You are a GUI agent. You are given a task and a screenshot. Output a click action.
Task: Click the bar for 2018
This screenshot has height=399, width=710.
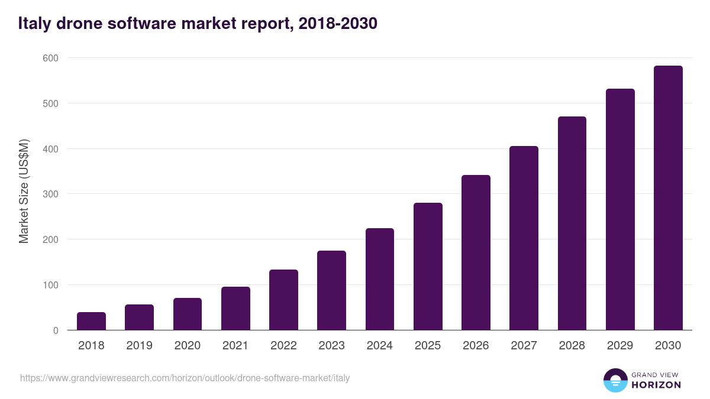click(x=91, y=321)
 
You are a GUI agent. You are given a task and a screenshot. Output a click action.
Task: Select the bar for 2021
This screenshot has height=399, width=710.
click(x=235, y=308)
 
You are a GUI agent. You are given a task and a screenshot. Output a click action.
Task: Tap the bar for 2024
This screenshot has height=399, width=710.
click(x=380, y=279)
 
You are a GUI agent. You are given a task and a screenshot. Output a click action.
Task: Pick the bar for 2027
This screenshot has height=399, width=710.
click(x=524, y=238)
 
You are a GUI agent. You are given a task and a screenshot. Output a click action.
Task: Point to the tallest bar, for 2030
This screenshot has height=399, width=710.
click(x=668, y=197)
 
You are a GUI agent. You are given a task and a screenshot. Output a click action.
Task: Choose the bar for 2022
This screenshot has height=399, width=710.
click(x=283, y=300)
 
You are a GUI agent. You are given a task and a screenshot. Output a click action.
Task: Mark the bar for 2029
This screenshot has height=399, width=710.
click(x=620, y=209)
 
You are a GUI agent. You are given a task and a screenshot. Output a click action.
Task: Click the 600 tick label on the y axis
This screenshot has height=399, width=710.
click(x=50, y=58)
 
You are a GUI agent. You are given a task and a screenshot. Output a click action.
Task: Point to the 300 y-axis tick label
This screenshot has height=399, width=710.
click(x=50, y=194)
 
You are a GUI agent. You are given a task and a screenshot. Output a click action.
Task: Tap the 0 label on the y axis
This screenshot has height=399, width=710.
click(x=55, y=330)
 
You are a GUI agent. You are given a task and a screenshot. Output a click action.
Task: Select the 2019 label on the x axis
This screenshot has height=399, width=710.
click(x=139, y=346)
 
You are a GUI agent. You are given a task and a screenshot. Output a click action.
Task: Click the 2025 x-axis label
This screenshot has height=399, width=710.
click(x=428, y=346)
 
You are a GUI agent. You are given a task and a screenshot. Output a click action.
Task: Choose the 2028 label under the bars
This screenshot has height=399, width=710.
click(x=572, y=346)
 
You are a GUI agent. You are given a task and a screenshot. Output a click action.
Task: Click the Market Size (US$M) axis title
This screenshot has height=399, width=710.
click(x=24, y=191)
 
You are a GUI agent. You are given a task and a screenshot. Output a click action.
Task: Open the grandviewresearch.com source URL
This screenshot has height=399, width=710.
click(x=185, y=378)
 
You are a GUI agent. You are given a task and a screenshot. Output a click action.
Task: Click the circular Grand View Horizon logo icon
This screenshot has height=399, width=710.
click(x=615, y=380)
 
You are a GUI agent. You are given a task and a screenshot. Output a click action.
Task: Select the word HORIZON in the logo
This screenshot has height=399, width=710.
click(x=656, y=385)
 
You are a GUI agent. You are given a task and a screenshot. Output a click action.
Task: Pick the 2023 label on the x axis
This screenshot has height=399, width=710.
click(x=331, y=346)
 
